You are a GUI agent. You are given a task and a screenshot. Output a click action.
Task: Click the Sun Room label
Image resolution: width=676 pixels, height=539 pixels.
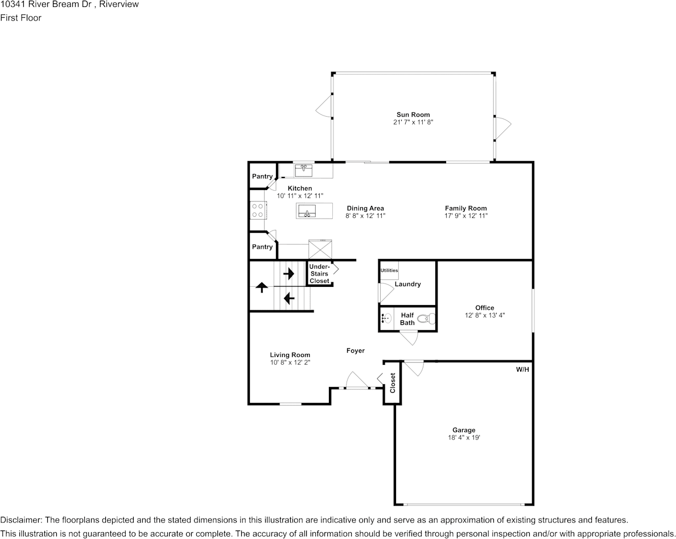pyautogui.click(x=413, y=115)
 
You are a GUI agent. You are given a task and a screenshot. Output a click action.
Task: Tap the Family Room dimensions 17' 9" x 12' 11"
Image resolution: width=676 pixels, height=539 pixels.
pyautogui.click(x=465, y=216)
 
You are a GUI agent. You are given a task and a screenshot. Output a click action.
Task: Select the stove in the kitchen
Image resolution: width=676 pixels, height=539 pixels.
pyautogui.click(x=258, y=211)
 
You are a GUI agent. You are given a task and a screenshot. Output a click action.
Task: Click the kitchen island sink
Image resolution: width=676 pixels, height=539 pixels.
pyautogui.click(x=307, y=211)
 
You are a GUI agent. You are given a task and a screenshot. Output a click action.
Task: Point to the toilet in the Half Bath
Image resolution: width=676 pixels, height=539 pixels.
pyautogui.click(x=426, y=319)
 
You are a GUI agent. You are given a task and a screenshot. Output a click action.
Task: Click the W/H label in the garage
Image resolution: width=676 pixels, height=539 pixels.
pyautogui.click(x=522, y=369)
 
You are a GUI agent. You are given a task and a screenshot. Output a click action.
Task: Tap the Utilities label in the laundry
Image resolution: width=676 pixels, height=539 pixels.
pyautogui.click(x=389, y=270)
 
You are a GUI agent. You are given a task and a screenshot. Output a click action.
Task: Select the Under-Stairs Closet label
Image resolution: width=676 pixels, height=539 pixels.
pyautogui.click(x=319, y=274)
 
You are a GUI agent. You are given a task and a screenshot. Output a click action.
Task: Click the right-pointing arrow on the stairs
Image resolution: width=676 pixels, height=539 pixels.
pyautogui.click(x=288, y=273)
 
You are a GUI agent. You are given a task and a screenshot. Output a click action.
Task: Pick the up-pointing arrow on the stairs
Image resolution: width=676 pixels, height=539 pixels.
pyautogui.click(x=262, y=287)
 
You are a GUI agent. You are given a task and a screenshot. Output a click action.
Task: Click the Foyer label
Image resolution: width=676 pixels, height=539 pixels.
pyautogui.click(x=356, y=351)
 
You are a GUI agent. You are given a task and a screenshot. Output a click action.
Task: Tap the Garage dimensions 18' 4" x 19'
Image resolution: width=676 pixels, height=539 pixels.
pyautogui.click(x=464, y=438)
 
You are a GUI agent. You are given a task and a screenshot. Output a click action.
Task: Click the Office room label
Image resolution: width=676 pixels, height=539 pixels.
pyautogui.click(x=485, y=308)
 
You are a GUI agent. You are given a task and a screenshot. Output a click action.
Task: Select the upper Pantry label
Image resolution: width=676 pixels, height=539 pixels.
pyautogui.click(x=262, y=176)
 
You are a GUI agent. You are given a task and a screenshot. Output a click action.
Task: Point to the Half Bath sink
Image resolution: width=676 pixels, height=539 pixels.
pyautogui.click(x=386, y=319)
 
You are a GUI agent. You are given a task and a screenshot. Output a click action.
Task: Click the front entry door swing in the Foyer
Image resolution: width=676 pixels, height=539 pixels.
pyautogui.click(x=357, y=380)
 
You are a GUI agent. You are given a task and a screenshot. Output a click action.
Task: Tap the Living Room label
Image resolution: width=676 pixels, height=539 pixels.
pyautogui.click(x=290, y=355)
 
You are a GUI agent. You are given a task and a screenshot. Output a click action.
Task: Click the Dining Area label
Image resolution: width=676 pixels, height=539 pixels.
pyautogui.click(x=365, y=208)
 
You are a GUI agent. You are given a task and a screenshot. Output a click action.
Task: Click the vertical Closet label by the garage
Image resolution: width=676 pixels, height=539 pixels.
pyautogui.click(x=392, y=383)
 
